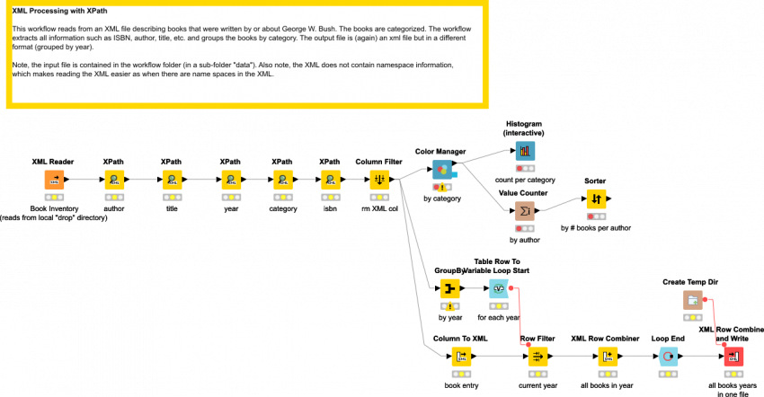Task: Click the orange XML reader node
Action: [x=54, y=179]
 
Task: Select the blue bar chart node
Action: [x=525, y=151]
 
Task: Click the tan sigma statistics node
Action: [x=525, y=210]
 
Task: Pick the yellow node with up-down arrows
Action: [x=596, y=198]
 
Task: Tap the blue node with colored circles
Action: [x=442, y=169]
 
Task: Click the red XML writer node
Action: [x=733, y=356]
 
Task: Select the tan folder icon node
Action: [x=692, y=299]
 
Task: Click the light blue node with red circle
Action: [x=668, y=356]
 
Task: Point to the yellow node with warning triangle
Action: [x=450, y=288]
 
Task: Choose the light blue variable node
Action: [x=499, y=288]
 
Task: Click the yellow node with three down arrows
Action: [x=379, y=179]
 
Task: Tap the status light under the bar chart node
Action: [x=525, y=168]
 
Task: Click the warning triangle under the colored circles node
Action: [x=443, y=187]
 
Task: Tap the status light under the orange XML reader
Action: [x=54, y=196]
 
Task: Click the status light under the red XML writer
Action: [x=733, y=373]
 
